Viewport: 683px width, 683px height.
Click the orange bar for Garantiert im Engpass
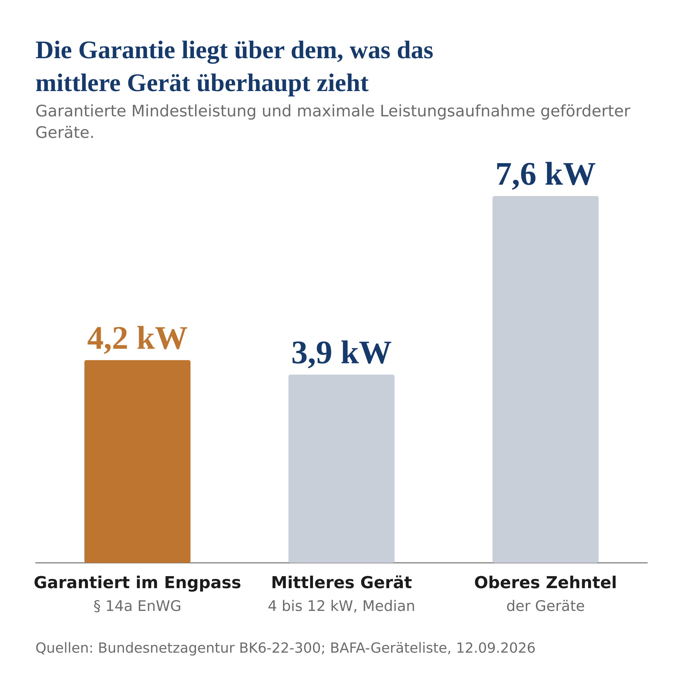(x=137, y=461)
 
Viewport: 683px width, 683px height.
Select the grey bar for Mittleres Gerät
(x=341, y=469)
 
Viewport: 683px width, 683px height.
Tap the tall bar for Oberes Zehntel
(x=545, y=379)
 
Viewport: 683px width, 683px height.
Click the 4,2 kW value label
(x=137, y=339)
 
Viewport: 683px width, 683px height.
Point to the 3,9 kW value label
(x=341, y=353)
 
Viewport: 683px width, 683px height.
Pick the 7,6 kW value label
(x=545, y=175)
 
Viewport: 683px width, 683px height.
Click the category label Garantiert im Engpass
(x=137, y=583)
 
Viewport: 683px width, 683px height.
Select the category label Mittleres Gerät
(x=341, y=583)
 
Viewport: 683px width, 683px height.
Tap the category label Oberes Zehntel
(x=545, y=583)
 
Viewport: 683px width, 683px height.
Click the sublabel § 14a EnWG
(x=137, y=606)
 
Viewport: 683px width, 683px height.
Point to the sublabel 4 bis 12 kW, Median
(x=341, y=606)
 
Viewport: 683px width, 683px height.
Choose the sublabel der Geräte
(x=545, y=606)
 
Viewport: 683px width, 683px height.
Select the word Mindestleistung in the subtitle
(x=194, y=111)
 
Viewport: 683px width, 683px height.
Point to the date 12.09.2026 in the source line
(x=495, y=648)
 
